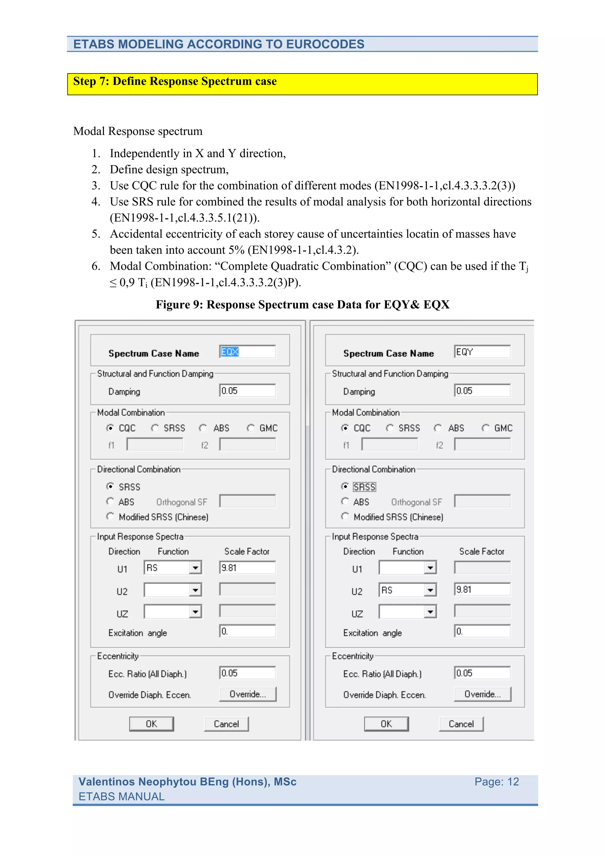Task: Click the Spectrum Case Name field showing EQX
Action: (x=247, y=351)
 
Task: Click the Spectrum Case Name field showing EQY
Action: (x=482, y=351)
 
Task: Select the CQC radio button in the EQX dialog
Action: (x=110, y=428)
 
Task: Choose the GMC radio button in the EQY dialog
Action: (x=486, y=428)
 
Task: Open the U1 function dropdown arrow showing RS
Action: (x=195, y=568)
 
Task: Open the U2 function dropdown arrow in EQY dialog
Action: (x=430, y=590)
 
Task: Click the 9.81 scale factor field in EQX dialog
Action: (x=247, y=567)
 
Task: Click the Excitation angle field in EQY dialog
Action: (x=482, y=631)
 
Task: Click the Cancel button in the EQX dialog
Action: (x=226, y=724)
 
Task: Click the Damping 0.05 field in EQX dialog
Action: (x=247, y=391)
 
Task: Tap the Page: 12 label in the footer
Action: (x=496, y=782)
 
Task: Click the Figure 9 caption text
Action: (x=302, y=305)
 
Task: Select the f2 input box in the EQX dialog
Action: (x=247, y=445)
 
